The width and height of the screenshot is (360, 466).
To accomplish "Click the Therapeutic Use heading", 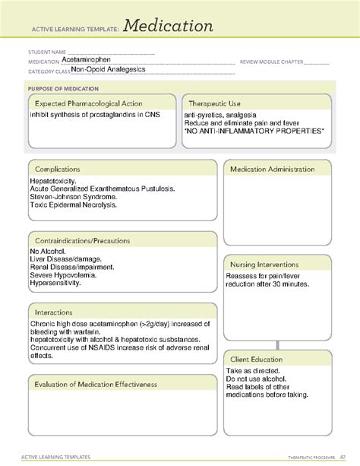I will [215, 103].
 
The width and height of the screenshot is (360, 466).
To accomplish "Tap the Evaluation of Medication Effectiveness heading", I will [96, 384].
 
